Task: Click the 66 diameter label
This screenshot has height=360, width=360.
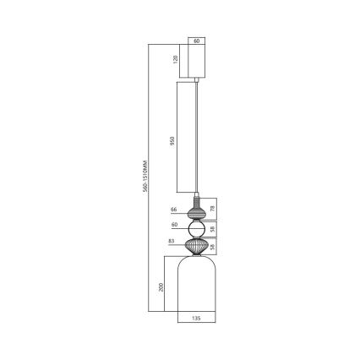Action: point(173,209)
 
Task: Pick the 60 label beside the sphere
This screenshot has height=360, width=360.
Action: point(173,226)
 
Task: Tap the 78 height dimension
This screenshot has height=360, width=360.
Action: point(212,209)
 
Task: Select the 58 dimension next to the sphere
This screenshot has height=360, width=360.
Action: point(212,229)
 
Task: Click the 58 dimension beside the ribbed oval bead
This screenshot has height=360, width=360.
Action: point(212,247)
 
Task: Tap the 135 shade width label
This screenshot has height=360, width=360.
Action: point(196,319)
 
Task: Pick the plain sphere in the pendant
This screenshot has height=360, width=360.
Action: point(196,229)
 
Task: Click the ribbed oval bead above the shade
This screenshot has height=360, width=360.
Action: point(196,247)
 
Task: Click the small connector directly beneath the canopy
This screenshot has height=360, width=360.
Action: point(196,79)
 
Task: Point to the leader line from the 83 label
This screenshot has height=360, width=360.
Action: point(181,243)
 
